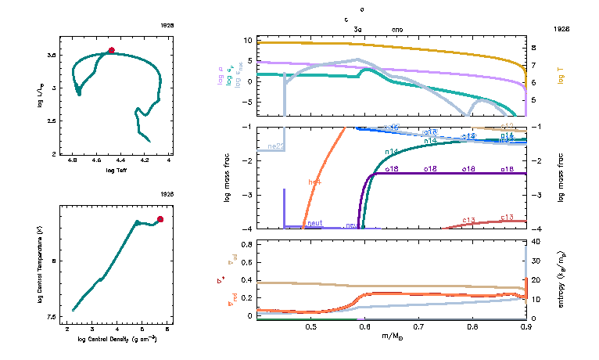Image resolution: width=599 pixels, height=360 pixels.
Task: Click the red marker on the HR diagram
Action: [x=111, y=50]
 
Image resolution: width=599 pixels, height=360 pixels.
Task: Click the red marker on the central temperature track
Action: [x=160, y=219]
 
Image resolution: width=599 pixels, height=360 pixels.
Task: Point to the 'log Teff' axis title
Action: [x=116, y=170]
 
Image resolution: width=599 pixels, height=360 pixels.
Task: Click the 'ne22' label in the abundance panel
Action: [x=276, y=146]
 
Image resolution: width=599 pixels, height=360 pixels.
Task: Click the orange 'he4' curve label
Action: [x=315, y=182]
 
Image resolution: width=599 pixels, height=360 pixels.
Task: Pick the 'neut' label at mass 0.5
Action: [x=315, y=223]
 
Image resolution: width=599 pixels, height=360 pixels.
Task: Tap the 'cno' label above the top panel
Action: [x=398, y=28]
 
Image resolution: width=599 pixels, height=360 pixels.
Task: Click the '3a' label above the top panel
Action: [x=358, y=28]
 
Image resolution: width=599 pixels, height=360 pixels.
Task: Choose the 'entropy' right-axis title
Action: [x=561, y=278]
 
